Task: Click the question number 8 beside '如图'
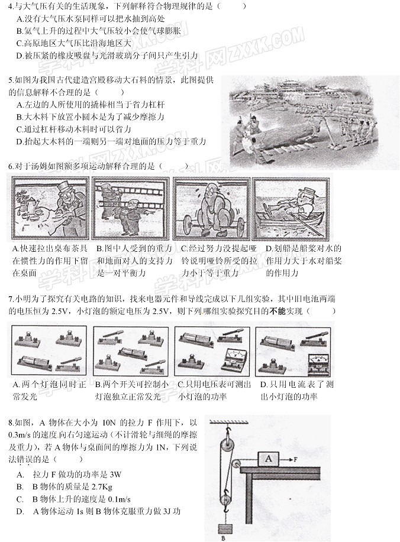tap(11, 422)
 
